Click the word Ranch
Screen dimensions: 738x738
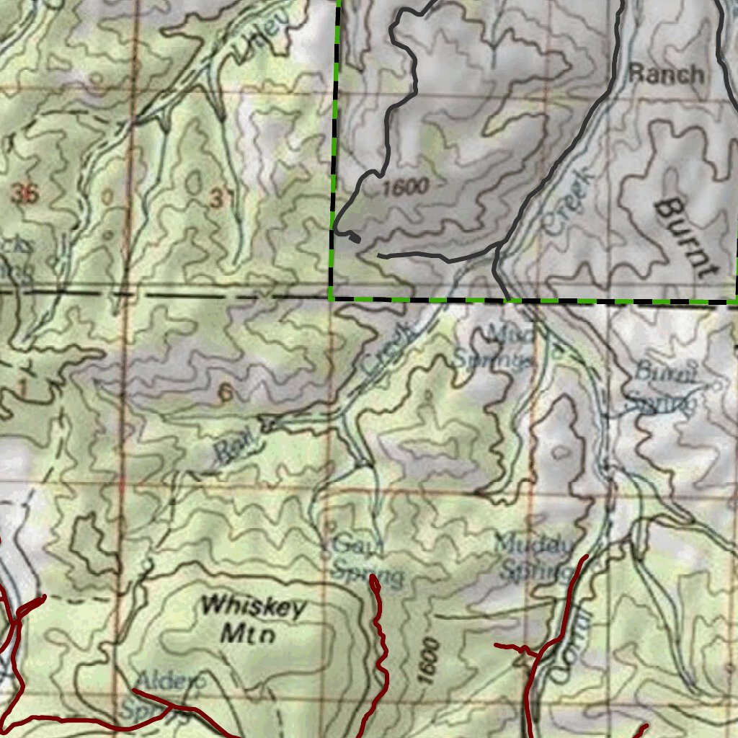coord(665,74)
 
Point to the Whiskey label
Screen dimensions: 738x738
coord(253,606)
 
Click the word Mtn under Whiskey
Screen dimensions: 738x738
coord(247,635)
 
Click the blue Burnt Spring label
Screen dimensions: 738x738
coord(663,388)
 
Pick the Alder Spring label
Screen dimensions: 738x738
coord(163,693)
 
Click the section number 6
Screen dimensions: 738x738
coord(226,393)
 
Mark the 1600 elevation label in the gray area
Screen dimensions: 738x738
coord(406,188)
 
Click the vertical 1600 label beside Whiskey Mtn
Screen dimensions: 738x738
coord(428,660)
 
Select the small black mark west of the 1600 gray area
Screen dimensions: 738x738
coord(353,236)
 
